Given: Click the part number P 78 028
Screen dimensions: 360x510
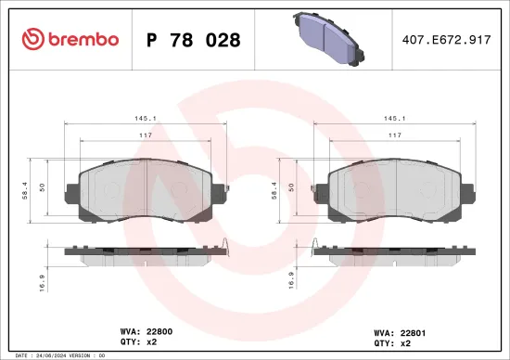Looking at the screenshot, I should pos(194,40).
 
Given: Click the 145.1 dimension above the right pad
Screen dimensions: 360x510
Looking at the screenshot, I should pos(394,118).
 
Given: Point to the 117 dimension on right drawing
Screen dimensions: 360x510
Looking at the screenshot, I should pos(394,135).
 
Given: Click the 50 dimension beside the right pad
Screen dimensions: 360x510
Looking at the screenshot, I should pos(292,186).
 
